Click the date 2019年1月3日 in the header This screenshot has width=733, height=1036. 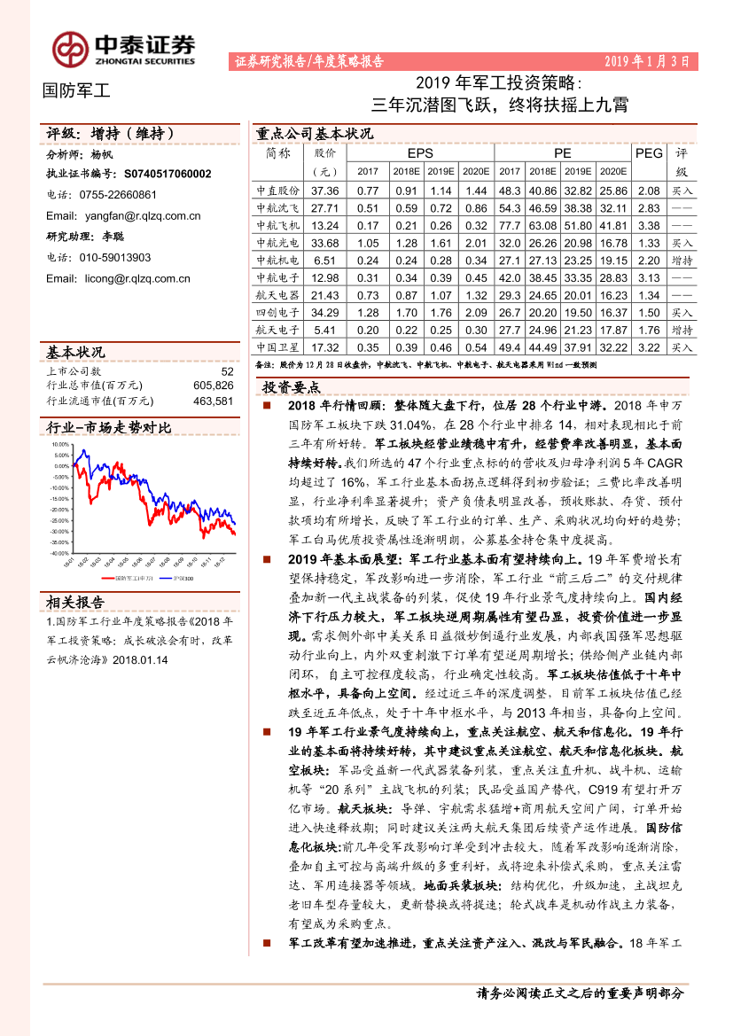point(646,61)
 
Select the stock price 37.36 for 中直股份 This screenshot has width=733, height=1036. point(326,191)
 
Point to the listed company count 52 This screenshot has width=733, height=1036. point(227,372)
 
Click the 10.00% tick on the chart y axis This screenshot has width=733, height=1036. point(60,444)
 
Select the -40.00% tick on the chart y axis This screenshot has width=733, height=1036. point(59,553)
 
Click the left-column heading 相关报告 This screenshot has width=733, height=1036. point(75,603)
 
